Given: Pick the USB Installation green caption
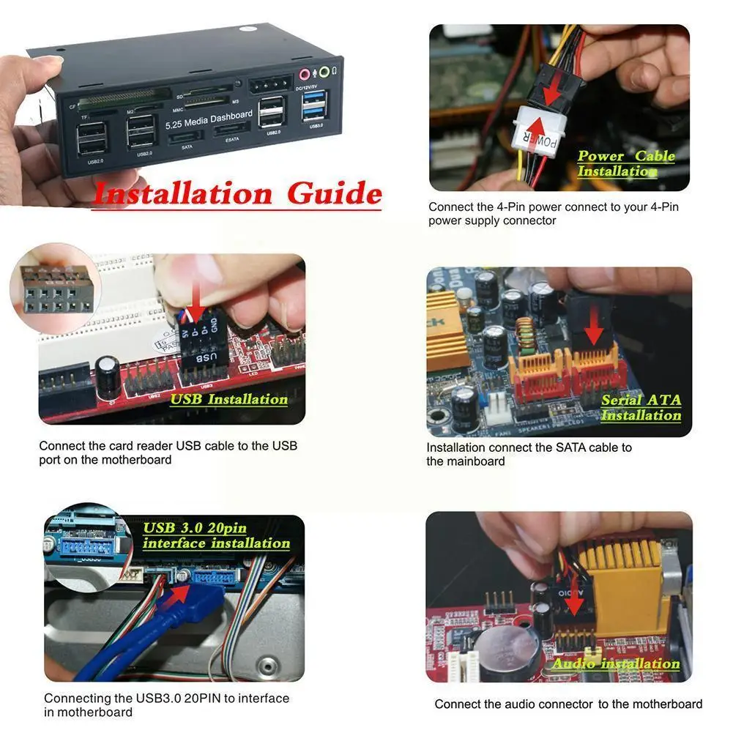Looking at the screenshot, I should pyautogui.click(x=228, y=399).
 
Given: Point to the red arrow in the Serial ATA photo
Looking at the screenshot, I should pyautogui.click(x=594, y=332).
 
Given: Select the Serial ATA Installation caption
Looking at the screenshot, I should pyautogui.click(x=641, y=408).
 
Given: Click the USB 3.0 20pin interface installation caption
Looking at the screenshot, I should pyautogui.click(x=216, y=535).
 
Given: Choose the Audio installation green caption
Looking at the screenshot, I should pyautogui.click(x=615, y=663).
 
